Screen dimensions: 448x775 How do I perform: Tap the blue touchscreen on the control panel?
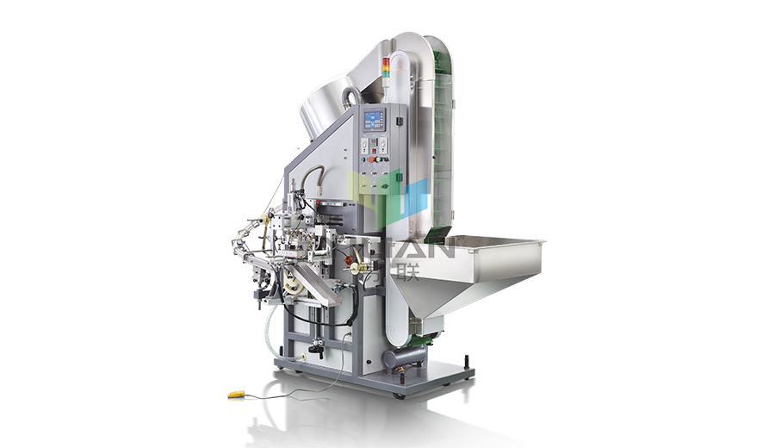(x=374, y=120)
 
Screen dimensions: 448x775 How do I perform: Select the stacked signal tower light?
(x=385, y=68)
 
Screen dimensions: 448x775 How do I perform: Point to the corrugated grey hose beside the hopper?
(x=350, y=95)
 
